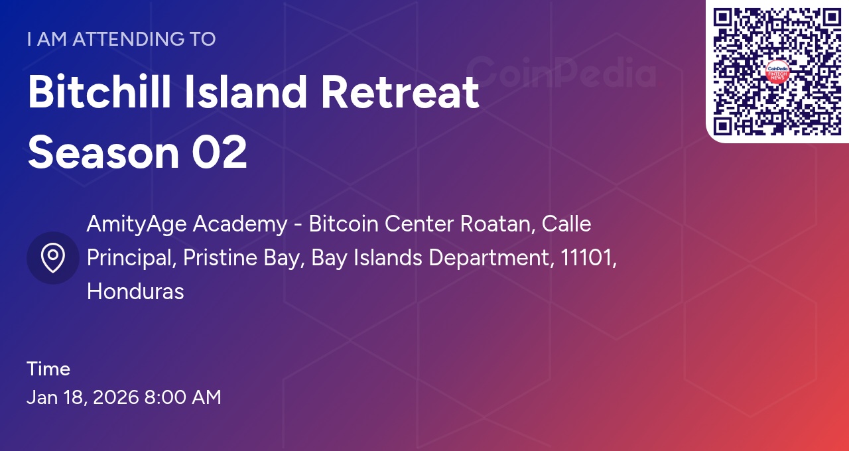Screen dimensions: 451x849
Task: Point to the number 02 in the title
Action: [220, 152]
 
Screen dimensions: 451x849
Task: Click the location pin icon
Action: [53, 258]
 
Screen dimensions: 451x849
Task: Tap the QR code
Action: [777, 72]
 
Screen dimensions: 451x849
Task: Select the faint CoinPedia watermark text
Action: [560, 73]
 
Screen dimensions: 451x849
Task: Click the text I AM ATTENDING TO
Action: [121, 39]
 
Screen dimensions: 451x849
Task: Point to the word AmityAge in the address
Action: [137, 224]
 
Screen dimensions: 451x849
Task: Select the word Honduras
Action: [135, 291]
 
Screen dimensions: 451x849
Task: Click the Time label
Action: [48, 369]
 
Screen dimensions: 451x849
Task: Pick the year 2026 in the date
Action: [115, 397]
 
